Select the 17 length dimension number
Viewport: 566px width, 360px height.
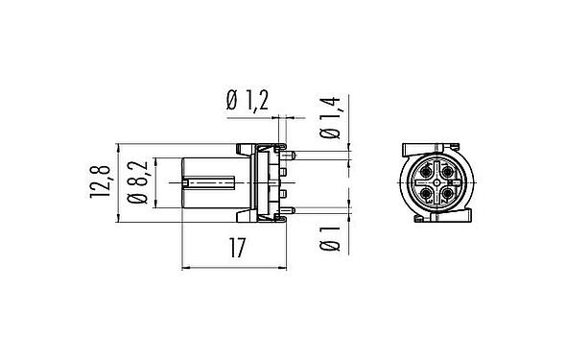point(235,249)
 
